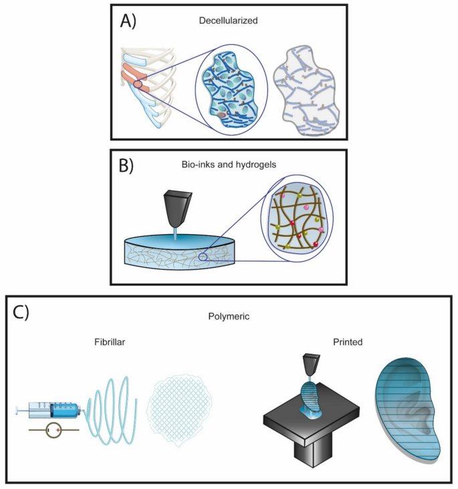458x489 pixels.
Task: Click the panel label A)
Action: click(128, 22)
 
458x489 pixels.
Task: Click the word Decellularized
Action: click(228, 21)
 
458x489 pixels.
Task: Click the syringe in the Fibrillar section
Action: click(49, 409)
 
